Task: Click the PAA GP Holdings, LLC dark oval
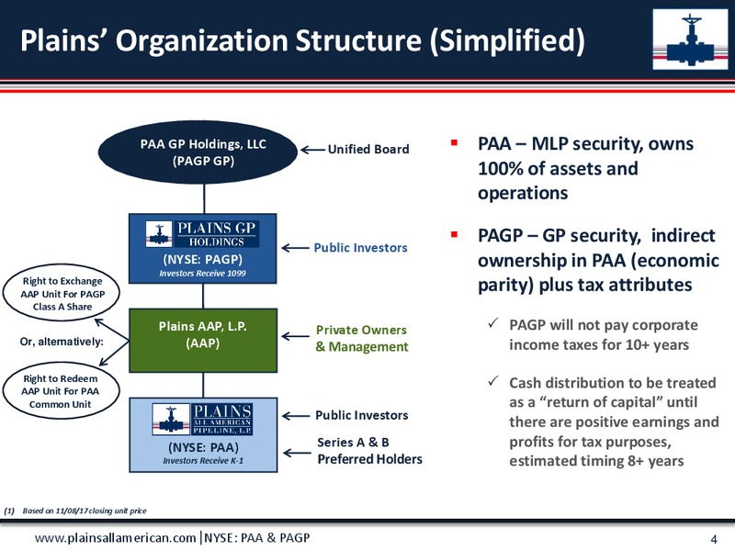click(x=198, y=152)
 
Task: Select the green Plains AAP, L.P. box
click(x=203, y=340)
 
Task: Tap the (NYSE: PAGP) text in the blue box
click(x=202, y=260)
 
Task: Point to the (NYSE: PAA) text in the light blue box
click(x=203, y=447)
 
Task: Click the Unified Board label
click(x=368, y=149)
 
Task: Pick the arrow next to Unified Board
click(x=312, y=150)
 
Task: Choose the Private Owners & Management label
click(x=361, y=338)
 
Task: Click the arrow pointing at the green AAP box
click(x=295, y=336)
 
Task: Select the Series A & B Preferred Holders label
click(x=369, y=451)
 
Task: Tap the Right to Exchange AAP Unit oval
click(x=62, y=293)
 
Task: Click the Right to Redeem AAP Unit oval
click(x=61, y=391)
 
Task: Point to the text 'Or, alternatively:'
click(x=62, y=342)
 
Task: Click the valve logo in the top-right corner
click(x=690, y=39)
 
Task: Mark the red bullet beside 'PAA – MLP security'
click(x=454, y=142)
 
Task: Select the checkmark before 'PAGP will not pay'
click(x=492, y=322)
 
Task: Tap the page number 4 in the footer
click(x=714, y=539)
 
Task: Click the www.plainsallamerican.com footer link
click(x=116, y=538)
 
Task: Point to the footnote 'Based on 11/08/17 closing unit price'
click(x=85, y=511)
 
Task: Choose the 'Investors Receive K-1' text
click(x=203, y=461)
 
